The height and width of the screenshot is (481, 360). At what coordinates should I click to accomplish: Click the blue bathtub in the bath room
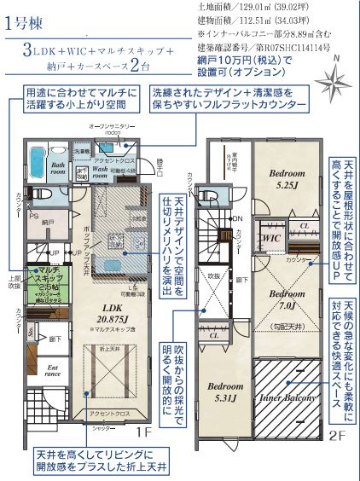pyautogui.click(x=38, y=159)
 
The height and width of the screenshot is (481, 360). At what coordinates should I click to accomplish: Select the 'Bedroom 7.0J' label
pyautogui.click(x=281, y=299)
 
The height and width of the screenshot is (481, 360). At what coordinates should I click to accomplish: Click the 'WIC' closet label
pyautogui.click(x=271, y=238)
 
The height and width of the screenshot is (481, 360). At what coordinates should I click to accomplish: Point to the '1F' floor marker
pyautogui.click(x=142, y=432)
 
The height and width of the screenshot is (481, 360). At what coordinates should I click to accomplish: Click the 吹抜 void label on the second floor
pyautogui.click(x=215, y=276)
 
